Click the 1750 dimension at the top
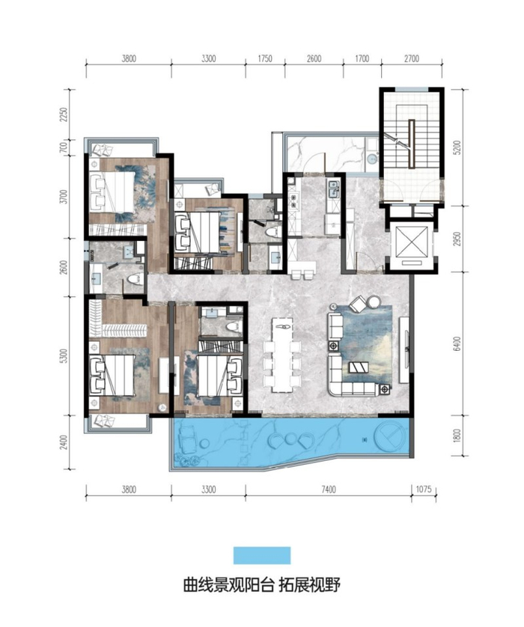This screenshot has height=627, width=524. (265, 59)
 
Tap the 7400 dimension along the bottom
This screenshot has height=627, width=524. (329, 489)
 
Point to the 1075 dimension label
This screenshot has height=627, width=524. (424, 489)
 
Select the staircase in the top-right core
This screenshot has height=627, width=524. (411, 137)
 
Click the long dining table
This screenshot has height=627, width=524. (282, 355)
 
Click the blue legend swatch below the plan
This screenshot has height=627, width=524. (262, 555)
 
